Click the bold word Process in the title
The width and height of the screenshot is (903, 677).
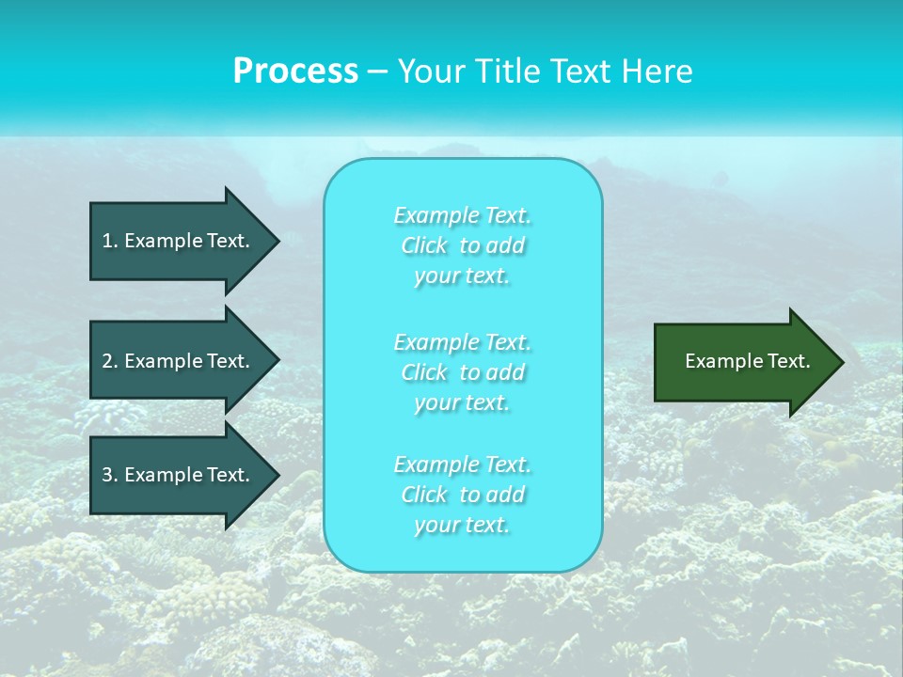point(295,71)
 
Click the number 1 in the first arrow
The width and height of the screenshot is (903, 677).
point(108,241)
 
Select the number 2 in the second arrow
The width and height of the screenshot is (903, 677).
point(108,361)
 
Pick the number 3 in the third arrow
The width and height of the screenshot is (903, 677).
point(108,475)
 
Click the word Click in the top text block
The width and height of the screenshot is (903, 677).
point(424,246)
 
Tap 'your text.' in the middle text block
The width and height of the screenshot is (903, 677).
point(462,403)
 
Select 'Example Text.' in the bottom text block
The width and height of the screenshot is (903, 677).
point(462,464)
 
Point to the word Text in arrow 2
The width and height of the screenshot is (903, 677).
point(226,361)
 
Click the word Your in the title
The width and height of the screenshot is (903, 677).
point(429,71)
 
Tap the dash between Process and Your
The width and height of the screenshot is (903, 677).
point(377,71)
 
